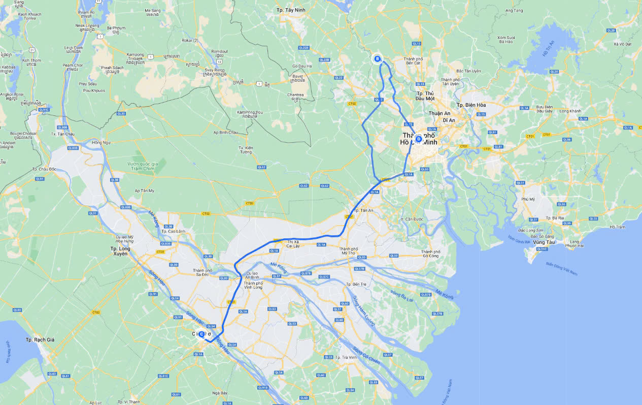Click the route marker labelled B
click(x=377, y=59)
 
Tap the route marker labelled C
click(x=201, y=334)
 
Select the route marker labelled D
click(x=419, y=139)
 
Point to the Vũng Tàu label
click(x=544, y=242)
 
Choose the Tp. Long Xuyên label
click(x=120, y=251)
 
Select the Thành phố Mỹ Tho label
click(x=349, y=251)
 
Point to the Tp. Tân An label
click(x=363, y=210)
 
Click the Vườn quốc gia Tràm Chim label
click(x=143, y=166)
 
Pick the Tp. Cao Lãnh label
click(x=172, y=231)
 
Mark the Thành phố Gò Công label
click(x=430, y=254)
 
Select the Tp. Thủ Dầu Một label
click(x=425, y=96)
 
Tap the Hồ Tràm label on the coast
click(x=618, y=227)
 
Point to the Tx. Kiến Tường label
click(x=246, y=150)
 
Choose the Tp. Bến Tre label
click(x=356, y=284)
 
